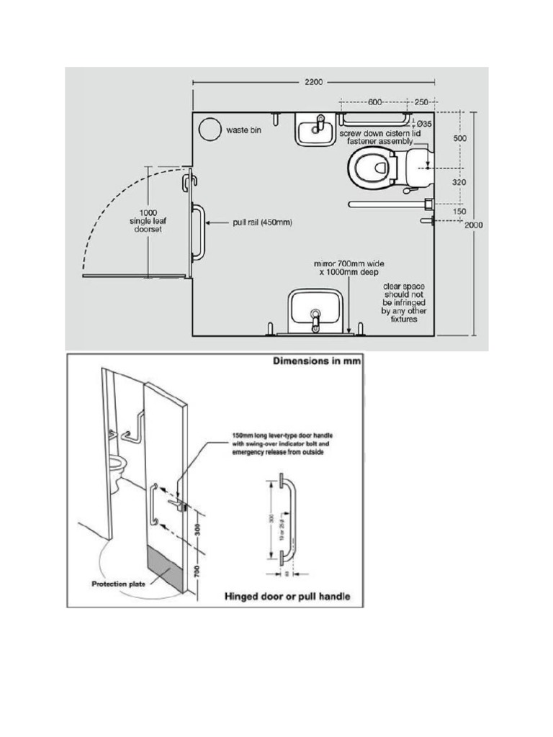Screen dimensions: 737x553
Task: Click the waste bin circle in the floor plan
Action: (211, 129)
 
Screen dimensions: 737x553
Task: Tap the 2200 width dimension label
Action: (312, 83)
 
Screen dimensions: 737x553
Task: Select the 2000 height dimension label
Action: (473, 225)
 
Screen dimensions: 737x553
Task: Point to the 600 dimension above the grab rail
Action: (374, 102)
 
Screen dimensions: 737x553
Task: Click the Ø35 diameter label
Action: (424, 125)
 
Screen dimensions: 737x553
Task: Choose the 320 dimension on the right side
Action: (459, 183)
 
